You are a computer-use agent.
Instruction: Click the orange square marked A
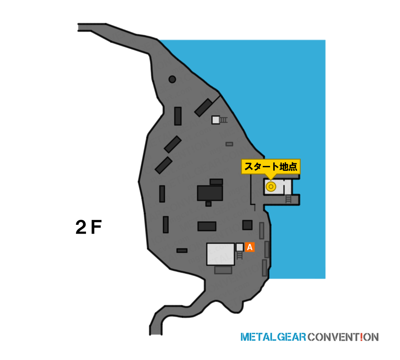point(250,247)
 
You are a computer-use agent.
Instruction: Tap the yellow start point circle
point(271,187)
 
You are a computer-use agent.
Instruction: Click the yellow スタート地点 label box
point(271,167)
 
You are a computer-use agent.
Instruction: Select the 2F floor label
point(88,227)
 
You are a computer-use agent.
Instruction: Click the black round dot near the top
point(172,79)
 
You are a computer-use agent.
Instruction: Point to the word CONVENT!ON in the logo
point(343,337)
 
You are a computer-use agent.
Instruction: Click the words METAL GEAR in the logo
point(273,337)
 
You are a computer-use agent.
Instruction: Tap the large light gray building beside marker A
point(220,254)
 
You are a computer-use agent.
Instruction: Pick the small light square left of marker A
point(240,247)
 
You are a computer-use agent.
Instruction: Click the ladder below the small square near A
point(239,255)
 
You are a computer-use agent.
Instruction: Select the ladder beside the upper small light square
point(224,120)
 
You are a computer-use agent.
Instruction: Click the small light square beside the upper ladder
point(216,120)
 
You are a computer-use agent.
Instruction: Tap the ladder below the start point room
point(288,199)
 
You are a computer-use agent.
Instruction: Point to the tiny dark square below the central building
point(208,204)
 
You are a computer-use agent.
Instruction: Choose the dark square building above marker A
point(248,225)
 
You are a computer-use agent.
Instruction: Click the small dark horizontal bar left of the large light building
point(182,250)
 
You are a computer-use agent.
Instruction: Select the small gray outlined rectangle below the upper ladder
point(229,144)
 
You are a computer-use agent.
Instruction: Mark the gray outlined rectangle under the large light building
point(223,270)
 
